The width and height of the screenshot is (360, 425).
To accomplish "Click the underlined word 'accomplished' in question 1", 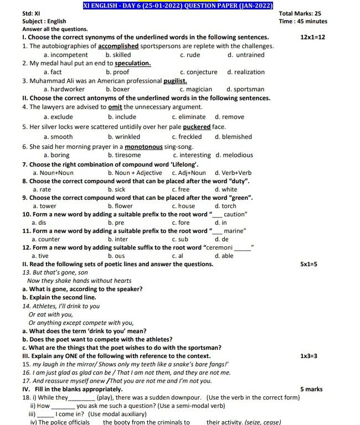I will pyautogui.click(x=115, y=46).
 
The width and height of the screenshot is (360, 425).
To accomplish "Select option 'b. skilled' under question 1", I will pyautogui.click(x=118, y=55).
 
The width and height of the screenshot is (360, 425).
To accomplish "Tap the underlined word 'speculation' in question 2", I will pyautogui.click(x=133, y=64).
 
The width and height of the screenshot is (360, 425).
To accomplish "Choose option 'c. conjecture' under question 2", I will pyautogui.click(x=199, y=72).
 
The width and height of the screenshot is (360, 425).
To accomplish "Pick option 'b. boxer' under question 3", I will pyautogui.click(x=117, y=89).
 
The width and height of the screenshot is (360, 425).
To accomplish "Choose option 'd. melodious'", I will pyautogui.click(x=234, y=156).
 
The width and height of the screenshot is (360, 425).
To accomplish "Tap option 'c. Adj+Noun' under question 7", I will pyautogui.click(x=188, y=173).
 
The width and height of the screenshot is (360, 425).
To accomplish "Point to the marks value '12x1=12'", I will pyautogui.click(x=312, y=38).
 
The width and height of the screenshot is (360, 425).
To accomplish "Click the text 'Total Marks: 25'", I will pyautogui.click(x=300, y=13).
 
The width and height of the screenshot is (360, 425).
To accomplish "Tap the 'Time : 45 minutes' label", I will pyautogui.click(x=303, y=22).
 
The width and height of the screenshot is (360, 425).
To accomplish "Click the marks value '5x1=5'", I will pyautogui.click(x=308, y=265).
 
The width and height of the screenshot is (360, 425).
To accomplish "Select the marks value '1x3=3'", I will pyautogui.click(x=308, y=356).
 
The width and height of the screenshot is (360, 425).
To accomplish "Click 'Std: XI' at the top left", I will pyautogui.click(x=31, y=13).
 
